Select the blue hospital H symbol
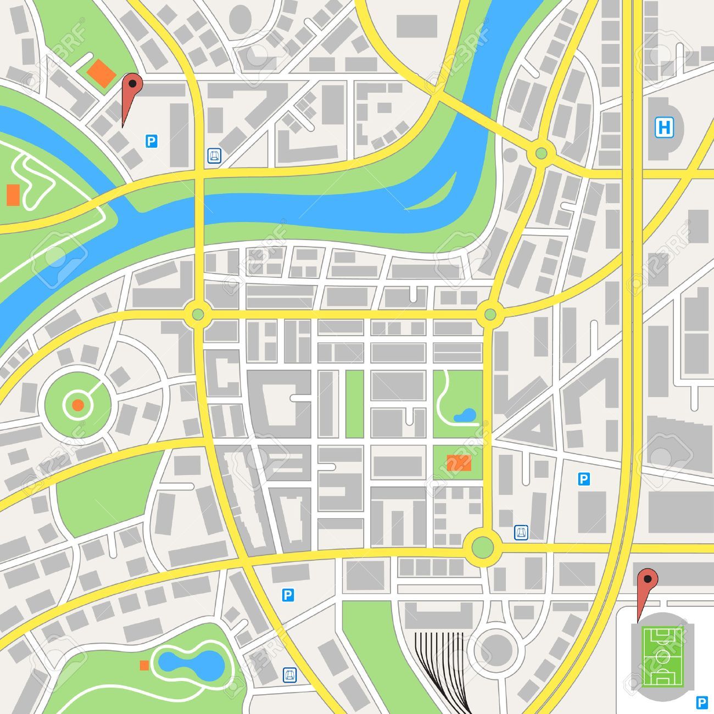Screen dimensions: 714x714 pyautogui.click(x=664, y=128)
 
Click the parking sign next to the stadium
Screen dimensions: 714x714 pyautogui.click(x=701, y=701)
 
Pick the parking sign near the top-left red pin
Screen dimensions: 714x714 pyautogui.click(x=151, y=142)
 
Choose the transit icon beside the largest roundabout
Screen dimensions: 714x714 pyautogui.click(x=521, y=532)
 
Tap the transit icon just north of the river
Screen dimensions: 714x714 pyautogui.click(x=214, y=155)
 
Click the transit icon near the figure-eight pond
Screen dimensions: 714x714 pyautogui.click(x=289, y=674)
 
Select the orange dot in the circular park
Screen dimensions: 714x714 pyautogui.click(x=78, y=405)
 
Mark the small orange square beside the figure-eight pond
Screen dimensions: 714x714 pyautogui.click(x=144, y=666)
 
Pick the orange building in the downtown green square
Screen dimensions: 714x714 pyautogui.click(x=459, y=463)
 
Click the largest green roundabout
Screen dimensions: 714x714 pyautogui.click(x=483, y=547)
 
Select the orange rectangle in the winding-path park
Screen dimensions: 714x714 pyautogui.click(x=13, y=195)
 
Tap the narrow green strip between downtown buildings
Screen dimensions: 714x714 pyautogui.click(x=354, y=404)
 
